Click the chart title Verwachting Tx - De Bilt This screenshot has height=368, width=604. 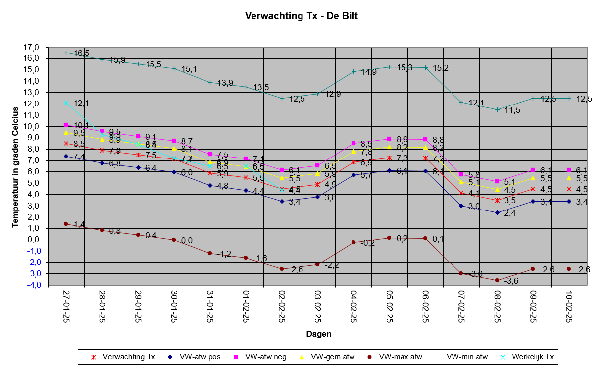302,16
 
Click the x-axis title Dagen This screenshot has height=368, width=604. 318,334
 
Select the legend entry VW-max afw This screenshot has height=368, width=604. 395,356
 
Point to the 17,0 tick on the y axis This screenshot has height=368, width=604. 31,48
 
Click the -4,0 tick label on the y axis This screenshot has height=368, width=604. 31,285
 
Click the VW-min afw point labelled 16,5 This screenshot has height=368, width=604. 66,53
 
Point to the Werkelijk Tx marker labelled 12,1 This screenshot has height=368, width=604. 66,103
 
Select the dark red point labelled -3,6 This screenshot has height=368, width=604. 497,280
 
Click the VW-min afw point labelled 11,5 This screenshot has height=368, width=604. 497,109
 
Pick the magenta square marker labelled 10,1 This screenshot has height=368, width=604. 66,125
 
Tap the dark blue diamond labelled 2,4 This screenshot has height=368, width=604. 497,212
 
